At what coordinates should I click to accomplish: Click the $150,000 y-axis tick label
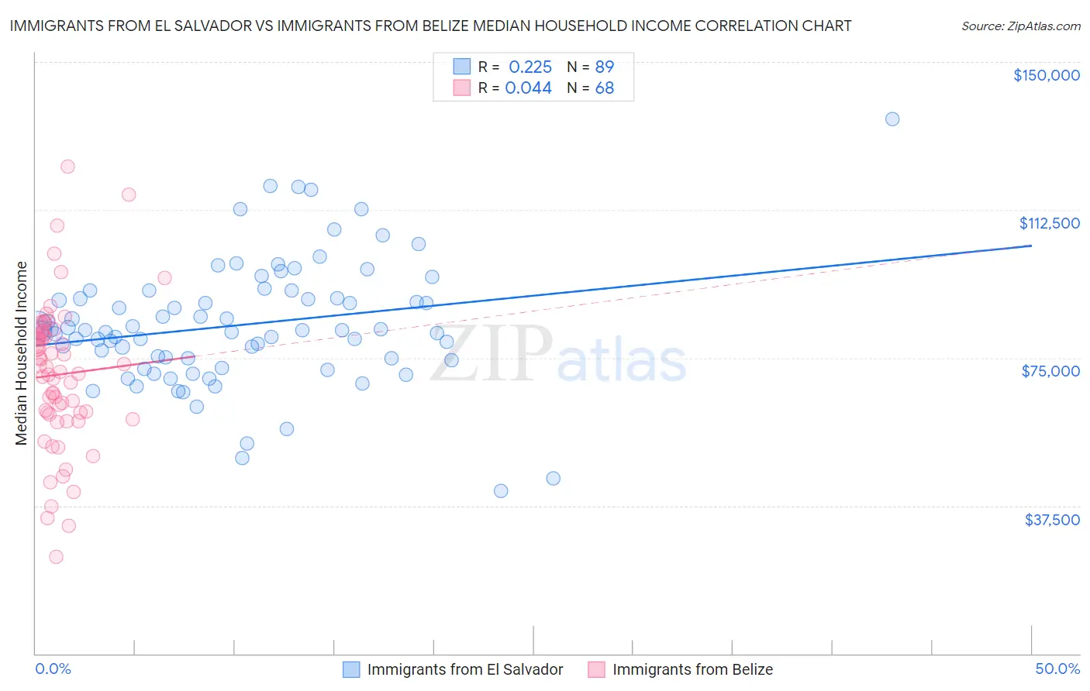1047,75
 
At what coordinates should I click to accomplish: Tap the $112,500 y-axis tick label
1049,223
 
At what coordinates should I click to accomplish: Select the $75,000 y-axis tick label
1050,371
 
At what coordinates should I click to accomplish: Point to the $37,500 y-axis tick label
1052,520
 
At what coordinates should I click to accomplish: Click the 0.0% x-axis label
53,669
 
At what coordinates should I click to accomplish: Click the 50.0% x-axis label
1057,669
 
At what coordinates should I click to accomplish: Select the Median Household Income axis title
22,353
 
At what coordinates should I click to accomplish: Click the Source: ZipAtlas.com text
1020,26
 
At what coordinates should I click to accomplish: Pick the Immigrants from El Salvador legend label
465,669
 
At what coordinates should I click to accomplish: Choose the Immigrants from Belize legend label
692,669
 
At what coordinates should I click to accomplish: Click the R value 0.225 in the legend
530,67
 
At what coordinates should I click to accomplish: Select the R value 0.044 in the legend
529,88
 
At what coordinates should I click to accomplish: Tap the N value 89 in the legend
605,67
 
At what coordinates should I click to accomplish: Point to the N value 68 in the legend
605,88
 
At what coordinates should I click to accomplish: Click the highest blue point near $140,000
892,119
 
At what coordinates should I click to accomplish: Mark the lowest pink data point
56,556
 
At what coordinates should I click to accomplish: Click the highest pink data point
67,167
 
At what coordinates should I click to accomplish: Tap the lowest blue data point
501,490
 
